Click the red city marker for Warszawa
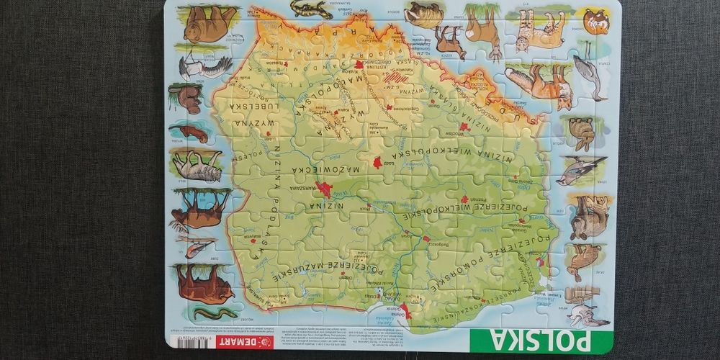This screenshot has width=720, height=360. pos(323,190)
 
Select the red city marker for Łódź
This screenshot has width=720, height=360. pos(377,163)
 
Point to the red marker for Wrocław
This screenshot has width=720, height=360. pos(464,127)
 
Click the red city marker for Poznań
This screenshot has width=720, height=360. pos(464,199)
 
